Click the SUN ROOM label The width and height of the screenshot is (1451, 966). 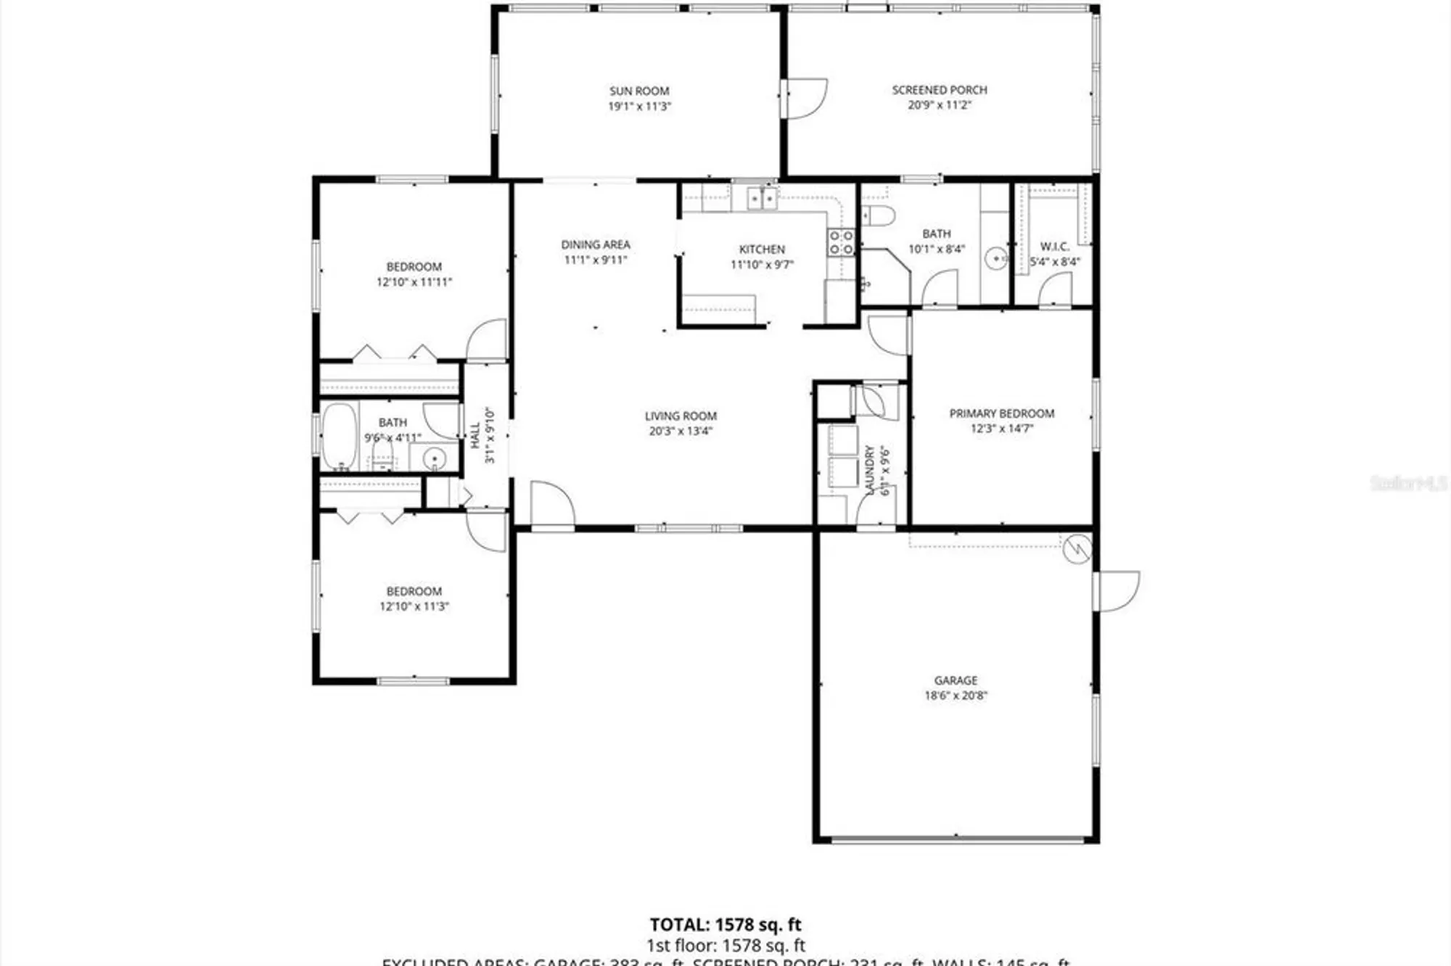coord(638,91)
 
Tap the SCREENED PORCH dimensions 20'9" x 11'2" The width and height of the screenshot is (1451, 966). coord(939,105)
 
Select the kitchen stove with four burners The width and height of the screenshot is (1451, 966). coord(841,242)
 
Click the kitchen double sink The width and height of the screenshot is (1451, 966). coord(762,197)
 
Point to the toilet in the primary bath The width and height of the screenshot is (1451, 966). coord(879,215)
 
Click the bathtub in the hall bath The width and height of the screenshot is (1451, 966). coord(339,437)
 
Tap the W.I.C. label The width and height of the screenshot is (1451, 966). coord(1054,247)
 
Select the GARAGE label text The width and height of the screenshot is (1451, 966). coord(955,680)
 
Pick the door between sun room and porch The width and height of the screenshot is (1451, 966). coord(805,98)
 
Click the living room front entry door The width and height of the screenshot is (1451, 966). coord(552,504)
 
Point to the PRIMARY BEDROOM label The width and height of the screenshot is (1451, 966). coord(1001,413)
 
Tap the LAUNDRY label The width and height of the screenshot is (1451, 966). coord(869,470)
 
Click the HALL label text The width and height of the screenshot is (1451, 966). coord(475,435)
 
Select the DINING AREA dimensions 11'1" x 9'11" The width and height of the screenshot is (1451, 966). coord(595,260)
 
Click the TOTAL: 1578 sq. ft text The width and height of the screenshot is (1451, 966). coord(725,925)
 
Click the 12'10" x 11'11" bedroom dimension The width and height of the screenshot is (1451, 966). coord(414,282)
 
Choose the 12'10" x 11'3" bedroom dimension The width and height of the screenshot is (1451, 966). coord(414,606)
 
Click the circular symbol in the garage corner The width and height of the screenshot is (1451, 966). coord(1077,549)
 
